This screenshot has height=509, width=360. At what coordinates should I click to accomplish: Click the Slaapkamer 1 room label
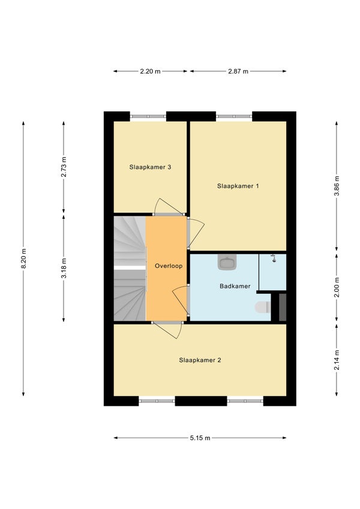[238, 186]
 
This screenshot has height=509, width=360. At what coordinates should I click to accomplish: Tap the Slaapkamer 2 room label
[200, 360]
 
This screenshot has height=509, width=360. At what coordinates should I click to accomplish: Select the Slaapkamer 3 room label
[150, 167]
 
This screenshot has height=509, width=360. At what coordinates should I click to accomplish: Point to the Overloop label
[169, 266]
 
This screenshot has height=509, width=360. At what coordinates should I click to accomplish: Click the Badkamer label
[235, 286]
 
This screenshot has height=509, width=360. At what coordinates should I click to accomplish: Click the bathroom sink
[227, 262]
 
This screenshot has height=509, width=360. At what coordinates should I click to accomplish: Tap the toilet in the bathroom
[263, 307]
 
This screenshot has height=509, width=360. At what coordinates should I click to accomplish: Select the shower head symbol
[274, 258]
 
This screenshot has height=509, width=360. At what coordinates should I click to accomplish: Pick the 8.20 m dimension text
[23, 258]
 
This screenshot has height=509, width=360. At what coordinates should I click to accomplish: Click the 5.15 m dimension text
[200, 438]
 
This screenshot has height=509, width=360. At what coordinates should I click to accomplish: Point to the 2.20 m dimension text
[150, 71]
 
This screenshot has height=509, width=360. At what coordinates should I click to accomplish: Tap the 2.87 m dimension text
[238, 71]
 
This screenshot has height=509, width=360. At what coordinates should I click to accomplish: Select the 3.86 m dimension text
[337, 186]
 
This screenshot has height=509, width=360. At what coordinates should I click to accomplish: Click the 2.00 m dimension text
[337, 287]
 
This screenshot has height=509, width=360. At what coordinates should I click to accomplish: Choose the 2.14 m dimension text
[337, 360]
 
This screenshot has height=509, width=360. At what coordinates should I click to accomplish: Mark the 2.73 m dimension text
[64, 167]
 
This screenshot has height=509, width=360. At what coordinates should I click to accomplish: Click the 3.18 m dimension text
[64, 268]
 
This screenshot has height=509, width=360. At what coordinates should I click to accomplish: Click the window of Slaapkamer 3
[148, 116]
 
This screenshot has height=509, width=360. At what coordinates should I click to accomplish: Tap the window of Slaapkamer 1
[234, 116]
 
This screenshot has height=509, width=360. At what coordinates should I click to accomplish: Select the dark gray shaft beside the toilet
[283, 307]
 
